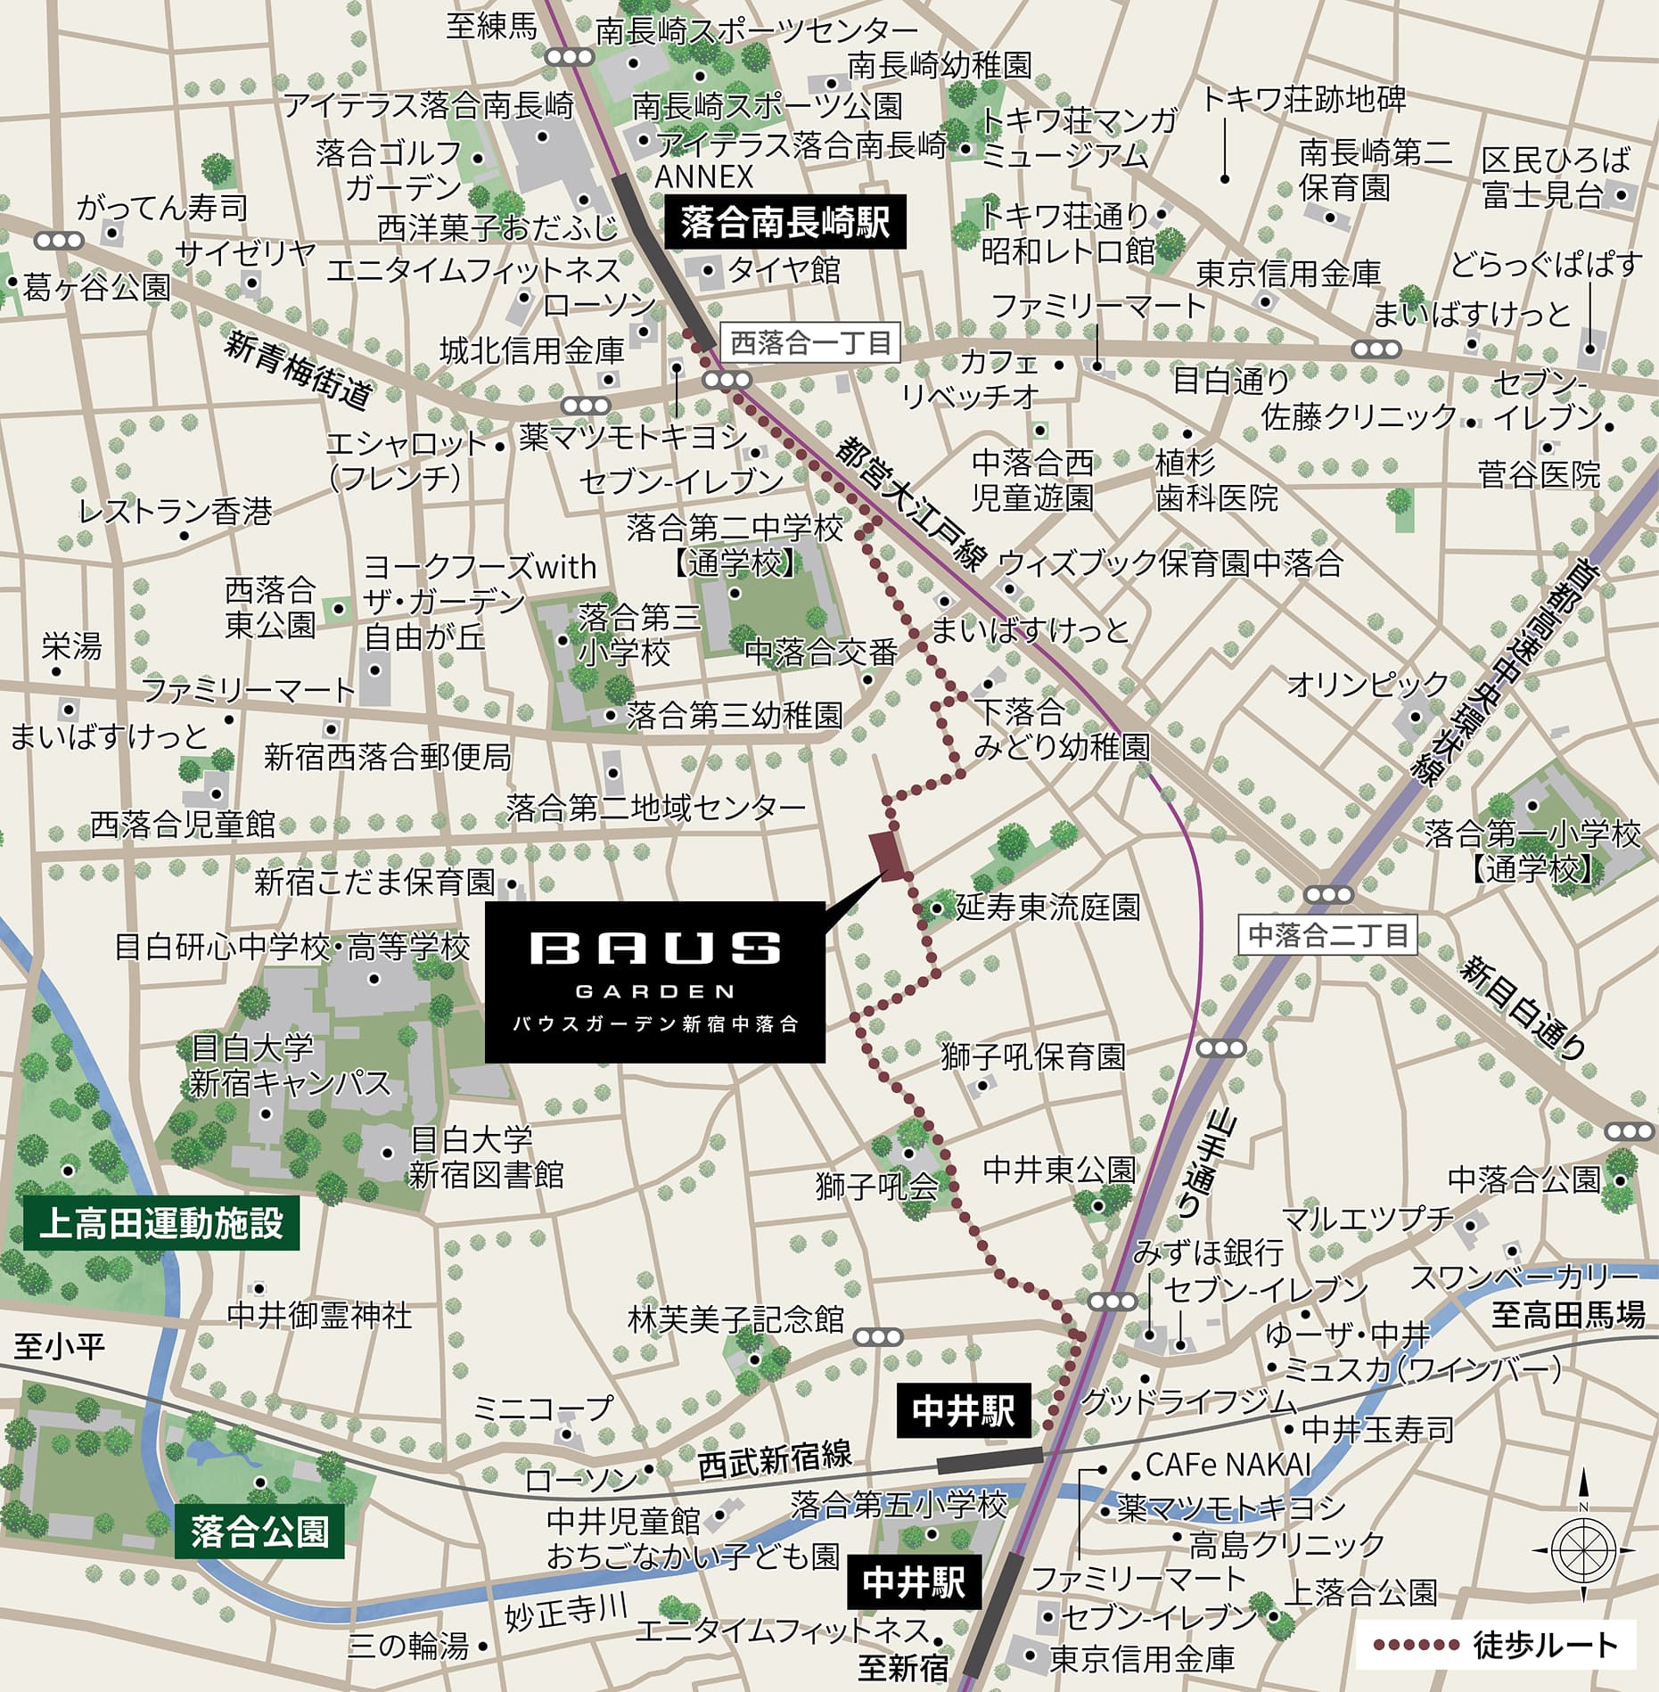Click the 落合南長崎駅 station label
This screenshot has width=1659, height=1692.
coord(785,222)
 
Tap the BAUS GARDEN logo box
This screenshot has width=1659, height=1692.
coord(654,982)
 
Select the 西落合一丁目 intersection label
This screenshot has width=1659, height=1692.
coord(810,343)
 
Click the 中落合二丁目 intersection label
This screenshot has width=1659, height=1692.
coord(1327,934)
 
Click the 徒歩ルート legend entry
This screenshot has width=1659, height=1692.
coord(1496,1645)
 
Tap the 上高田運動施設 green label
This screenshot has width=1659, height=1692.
coord(161,1224)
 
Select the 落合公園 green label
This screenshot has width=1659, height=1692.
coord(259,1532)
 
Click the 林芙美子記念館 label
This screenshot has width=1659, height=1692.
coord(735,1319)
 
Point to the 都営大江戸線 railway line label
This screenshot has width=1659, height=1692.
coord(910,504)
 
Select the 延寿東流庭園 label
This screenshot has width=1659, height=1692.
coord(1047,908)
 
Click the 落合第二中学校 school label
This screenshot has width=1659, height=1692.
coord(734,530)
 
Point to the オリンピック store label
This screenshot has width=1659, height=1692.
coord(1367,685)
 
